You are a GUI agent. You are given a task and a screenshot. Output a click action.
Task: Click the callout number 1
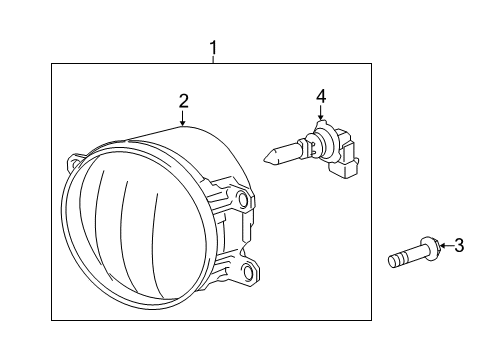212,47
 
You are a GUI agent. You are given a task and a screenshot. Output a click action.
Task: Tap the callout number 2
184,100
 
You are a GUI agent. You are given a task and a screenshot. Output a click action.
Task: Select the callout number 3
460,245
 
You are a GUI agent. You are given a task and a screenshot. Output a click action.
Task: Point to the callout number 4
321,96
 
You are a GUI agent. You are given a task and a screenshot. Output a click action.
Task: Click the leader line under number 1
212,59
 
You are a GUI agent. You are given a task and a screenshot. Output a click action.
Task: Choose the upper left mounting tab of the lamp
77,160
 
